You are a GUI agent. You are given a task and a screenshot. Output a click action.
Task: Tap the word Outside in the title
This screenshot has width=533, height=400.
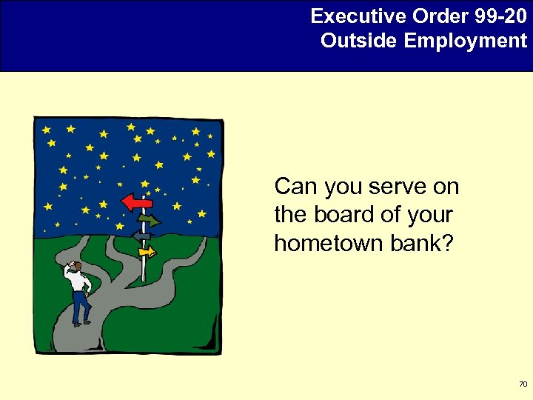pyautogui.click(x=360, y=40)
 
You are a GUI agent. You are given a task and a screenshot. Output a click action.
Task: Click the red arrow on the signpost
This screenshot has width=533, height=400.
pyautogui.click(x=137, y=201)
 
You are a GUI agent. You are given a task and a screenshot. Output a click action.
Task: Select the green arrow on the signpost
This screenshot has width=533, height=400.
pyautogui.click(x=150, y=220)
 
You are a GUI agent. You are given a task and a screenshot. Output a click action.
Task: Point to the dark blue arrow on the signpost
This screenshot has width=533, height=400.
pyautogui.click(x=141, y=236)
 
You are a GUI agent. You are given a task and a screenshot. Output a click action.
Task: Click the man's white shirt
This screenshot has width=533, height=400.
pyautogui.click(x=81, y=281)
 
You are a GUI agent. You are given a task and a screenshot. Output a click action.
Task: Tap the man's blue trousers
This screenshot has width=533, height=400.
pyautogui.click(x=80, y=305)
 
